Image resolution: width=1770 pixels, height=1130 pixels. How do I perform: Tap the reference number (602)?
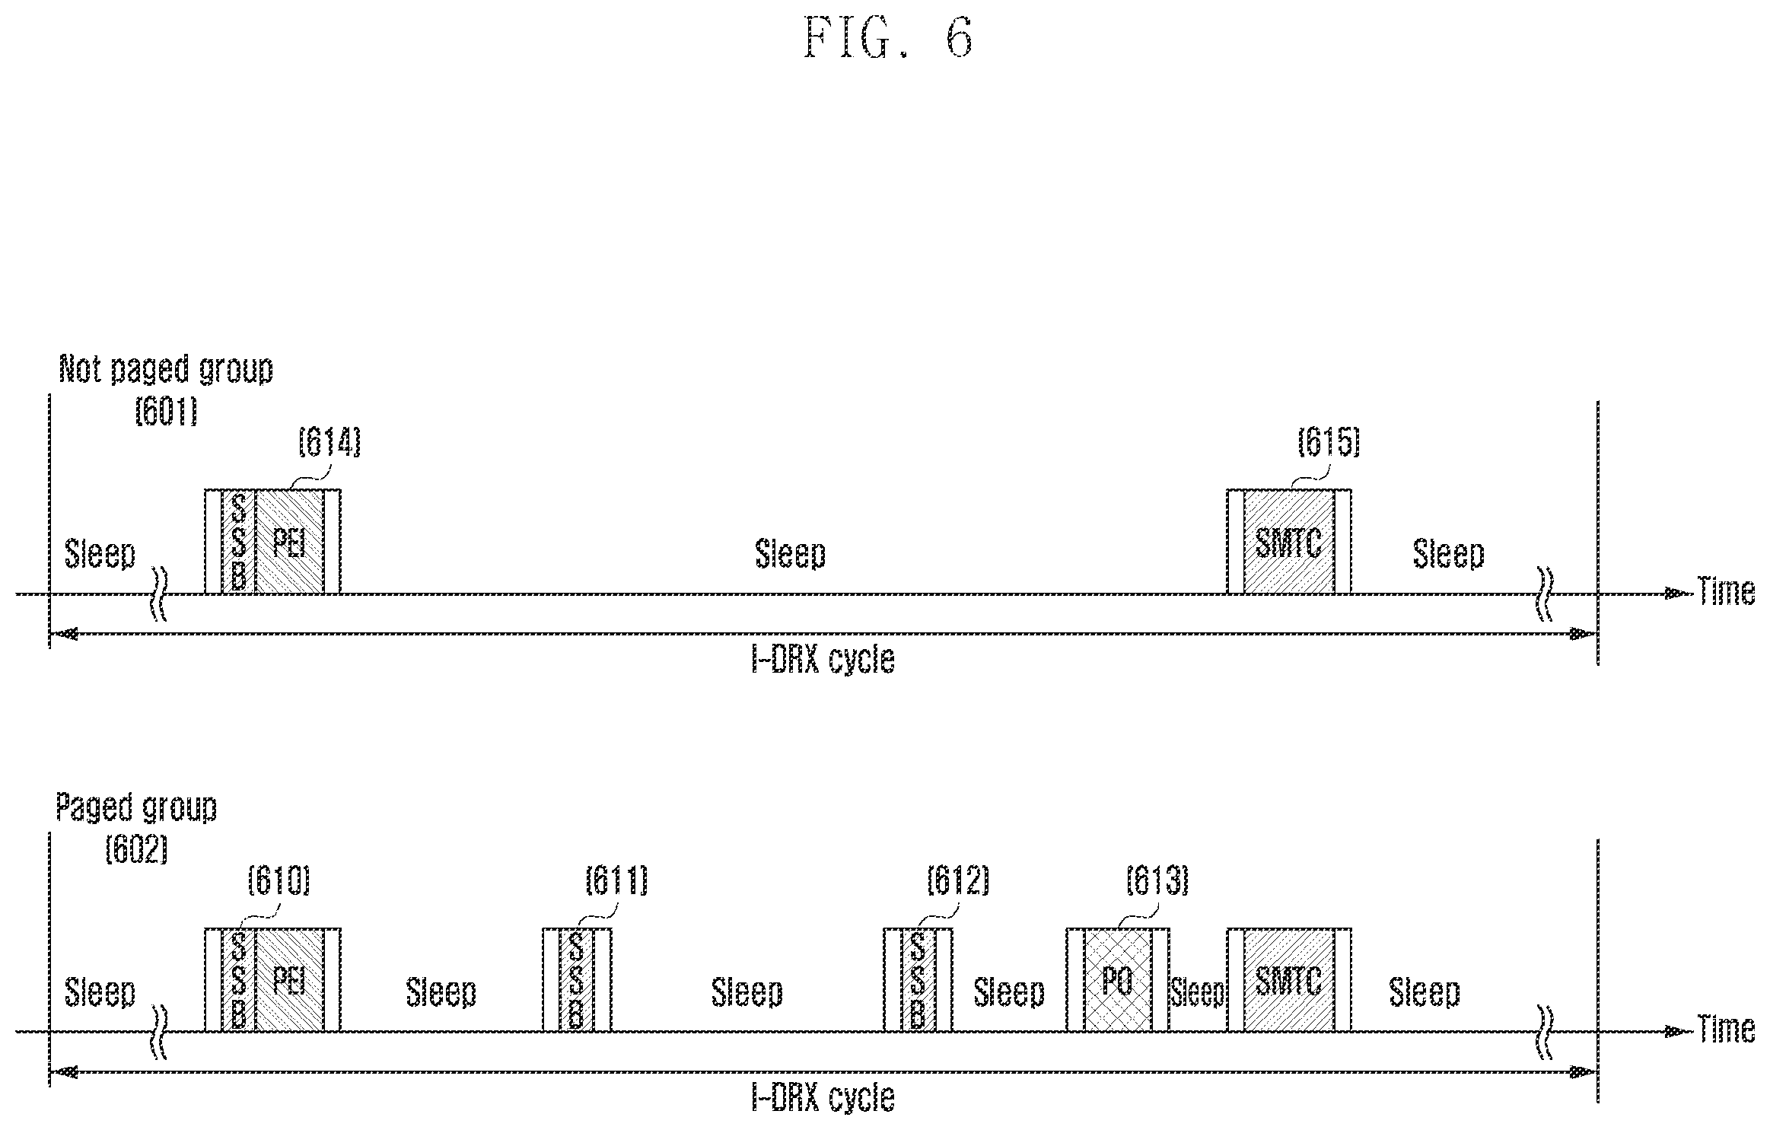click(x=136, y=850)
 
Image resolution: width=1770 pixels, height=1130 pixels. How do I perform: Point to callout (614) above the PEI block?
click(x=329, y=442)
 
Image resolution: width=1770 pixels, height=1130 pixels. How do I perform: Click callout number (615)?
click(x=1329, y=442)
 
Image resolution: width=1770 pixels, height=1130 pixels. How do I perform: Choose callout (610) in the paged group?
click(x=279, y=881)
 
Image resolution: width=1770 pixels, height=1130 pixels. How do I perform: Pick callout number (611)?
click(x=616, y=881)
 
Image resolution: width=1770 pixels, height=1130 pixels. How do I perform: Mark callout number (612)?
click(x=957, y=881)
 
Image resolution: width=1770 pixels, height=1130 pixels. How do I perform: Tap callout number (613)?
click(x=1157, y=881)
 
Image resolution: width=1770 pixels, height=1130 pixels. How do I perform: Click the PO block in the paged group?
click(x=1118, y=980)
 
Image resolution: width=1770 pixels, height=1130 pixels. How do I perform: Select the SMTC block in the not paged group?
click(x=1288, y=542)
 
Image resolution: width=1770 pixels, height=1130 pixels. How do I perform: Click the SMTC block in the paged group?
click(x=1288, y=980)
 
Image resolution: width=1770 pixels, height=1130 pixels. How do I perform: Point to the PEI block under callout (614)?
click(x=289, y=542)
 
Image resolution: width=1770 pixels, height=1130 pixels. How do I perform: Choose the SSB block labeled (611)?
click(x=576, y=980)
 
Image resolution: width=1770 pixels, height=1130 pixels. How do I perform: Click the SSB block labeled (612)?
click(x=918, y=980)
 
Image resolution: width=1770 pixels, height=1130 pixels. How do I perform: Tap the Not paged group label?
click(x=166, y=370)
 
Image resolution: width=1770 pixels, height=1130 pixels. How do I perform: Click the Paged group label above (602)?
click(x=136, y=808)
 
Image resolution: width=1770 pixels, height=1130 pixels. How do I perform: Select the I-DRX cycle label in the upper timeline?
click(x=823, y=659)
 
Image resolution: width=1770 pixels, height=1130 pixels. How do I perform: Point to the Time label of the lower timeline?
click(x=1727, y=1030)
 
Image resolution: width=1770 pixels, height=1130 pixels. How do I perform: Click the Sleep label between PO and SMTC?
click(x=1198, y=992)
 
